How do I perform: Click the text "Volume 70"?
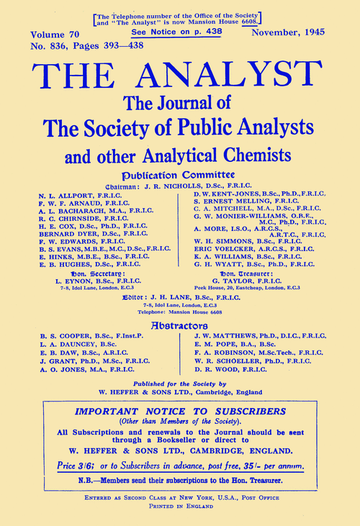[55, 34]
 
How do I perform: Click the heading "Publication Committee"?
[178, 174]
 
